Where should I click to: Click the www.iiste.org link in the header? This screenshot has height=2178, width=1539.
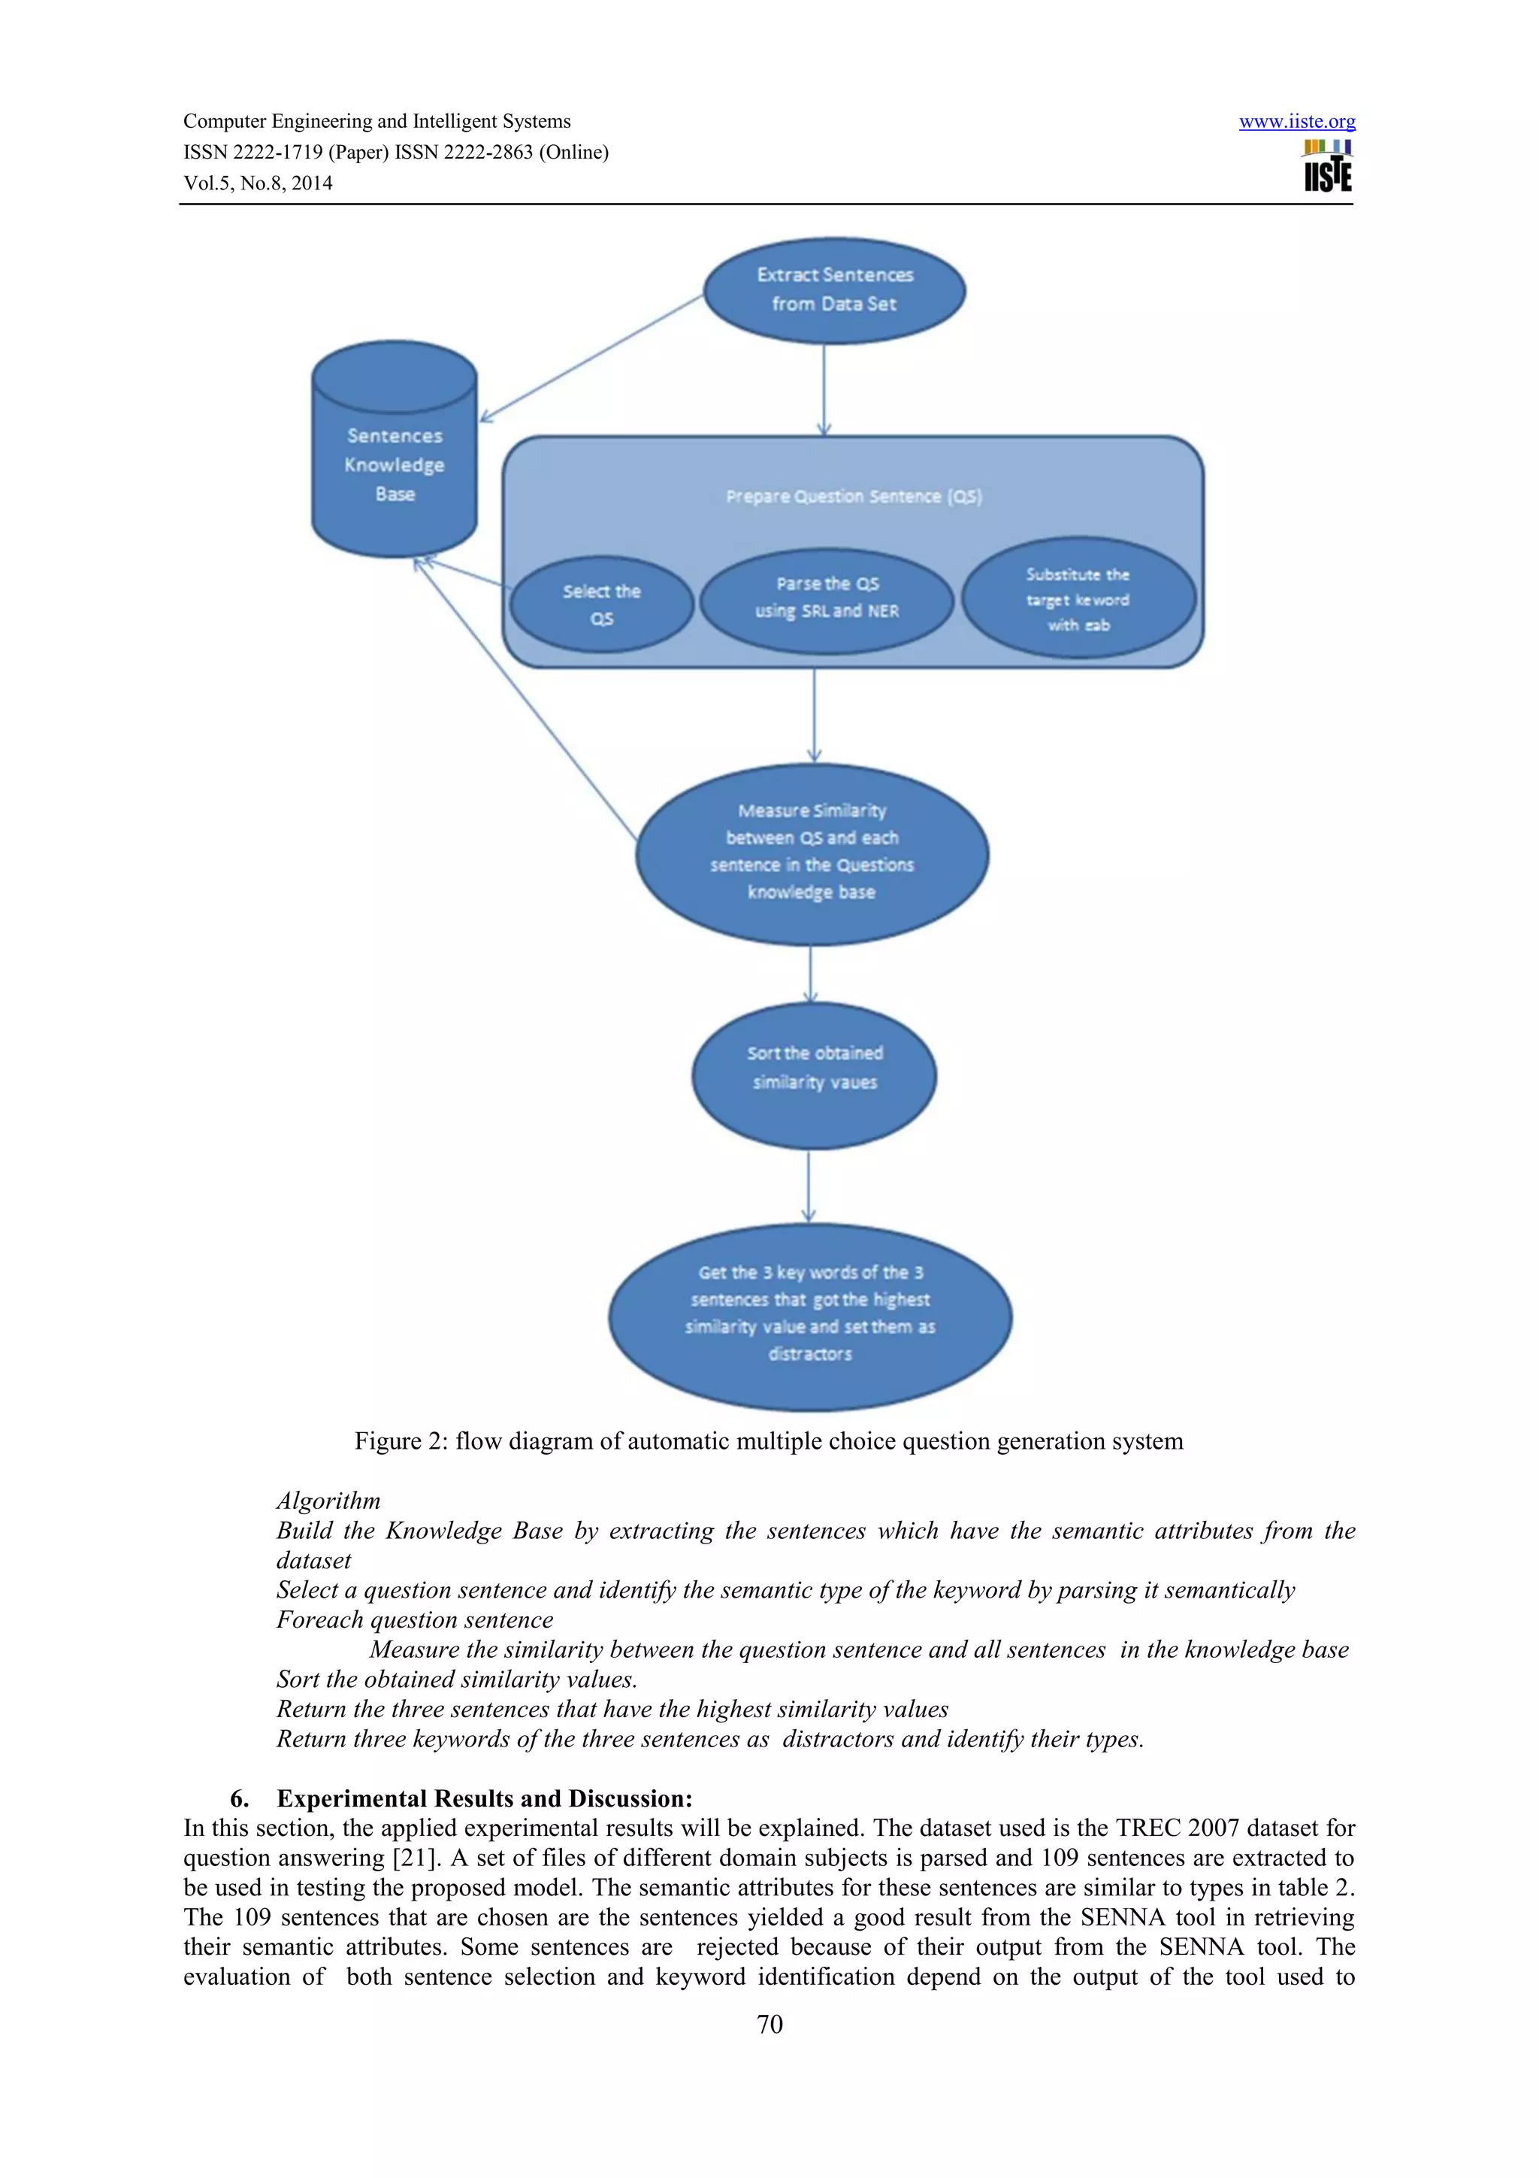[x=1296, y=122]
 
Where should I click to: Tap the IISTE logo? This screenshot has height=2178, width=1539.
[x=1328, y=168]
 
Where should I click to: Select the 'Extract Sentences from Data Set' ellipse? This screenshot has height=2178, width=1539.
[x=833, y=289]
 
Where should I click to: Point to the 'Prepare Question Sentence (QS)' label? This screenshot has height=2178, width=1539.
[x=854, y=496]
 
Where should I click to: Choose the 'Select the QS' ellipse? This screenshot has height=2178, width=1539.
[x=601, y=604]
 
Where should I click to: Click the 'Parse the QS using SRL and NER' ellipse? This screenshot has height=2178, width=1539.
[x=826, y=598]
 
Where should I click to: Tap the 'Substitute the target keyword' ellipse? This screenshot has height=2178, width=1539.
[x=1078, y=599]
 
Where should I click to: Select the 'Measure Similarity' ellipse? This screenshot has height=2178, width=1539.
[x=812, y=852]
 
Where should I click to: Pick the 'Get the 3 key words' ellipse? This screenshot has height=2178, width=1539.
[x=810, y=1314]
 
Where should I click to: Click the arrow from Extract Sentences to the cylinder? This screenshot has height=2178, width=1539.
[x=593, y=358]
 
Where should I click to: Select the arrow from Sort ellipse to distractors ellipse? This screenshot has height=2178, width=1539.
[x=808, y=1186]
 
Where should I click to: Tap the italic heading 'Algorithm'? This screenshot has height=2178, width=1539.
[x=328, y=1501]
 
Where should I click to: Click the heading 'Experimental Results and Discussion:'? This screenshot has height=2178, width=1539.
[x=484, y=1798]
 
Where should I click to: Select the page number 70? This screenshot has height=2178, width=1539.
[x=769, y=2025]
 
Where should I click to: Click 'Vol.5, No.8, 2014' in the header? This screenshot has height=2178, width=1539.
[x=258, y=183]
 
